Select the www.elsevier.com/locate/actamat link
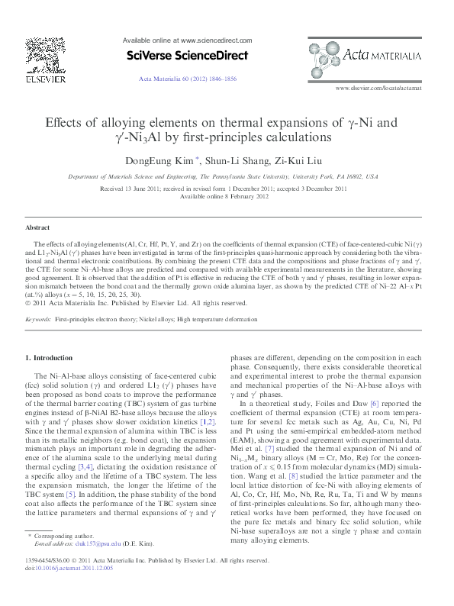point(378,88)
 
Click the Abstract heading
point(37,227)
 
